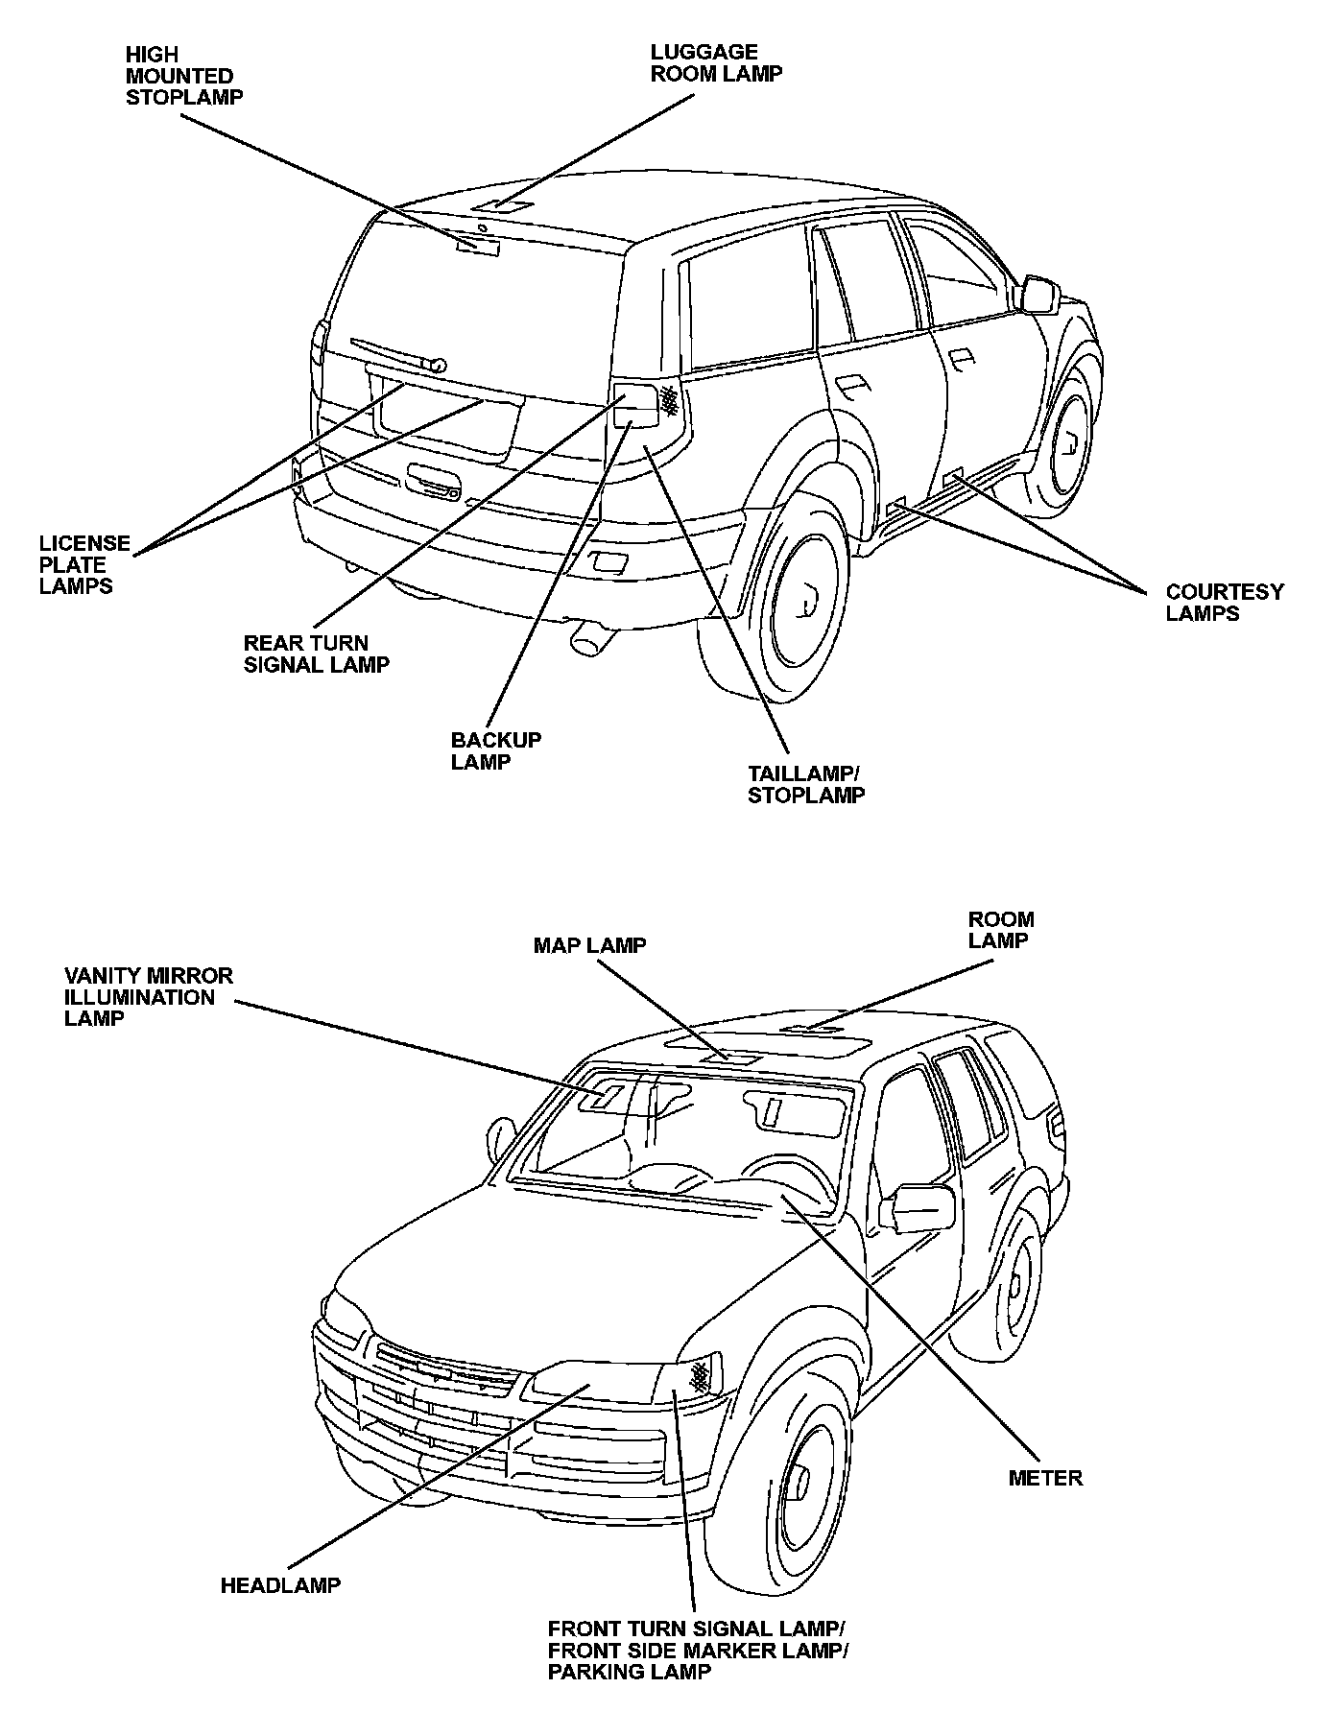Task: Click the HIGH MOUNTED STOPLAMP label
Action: click(183, 76)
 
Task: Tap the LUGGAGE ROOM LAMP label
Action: click(716, 63)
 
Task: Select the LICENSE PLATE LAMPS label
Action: click(83, 564)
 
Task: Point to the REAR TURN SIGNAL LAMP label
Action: click(316, 654)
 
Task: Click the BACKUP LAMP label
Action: click(495, 750)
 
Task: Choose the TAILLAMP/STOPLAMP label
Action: click(805, 784)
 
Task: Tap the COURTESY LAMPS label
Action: click(1224, 603)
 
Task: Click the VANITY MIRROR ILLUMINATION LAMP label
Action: click(148, 996)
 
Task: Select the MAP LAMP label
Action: click(589, 945)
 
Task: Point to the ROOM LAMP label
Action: click(1001, 930)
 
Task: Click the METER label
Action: click(1045, 1477)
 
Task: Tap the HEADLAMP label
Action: click(280, 1585)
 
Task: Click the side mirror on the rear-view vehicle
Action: click(1038, 295)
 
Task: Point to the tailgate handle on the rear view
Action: click(432, 479)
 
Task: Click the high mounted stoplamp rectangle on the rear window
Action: click(478, 246)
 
